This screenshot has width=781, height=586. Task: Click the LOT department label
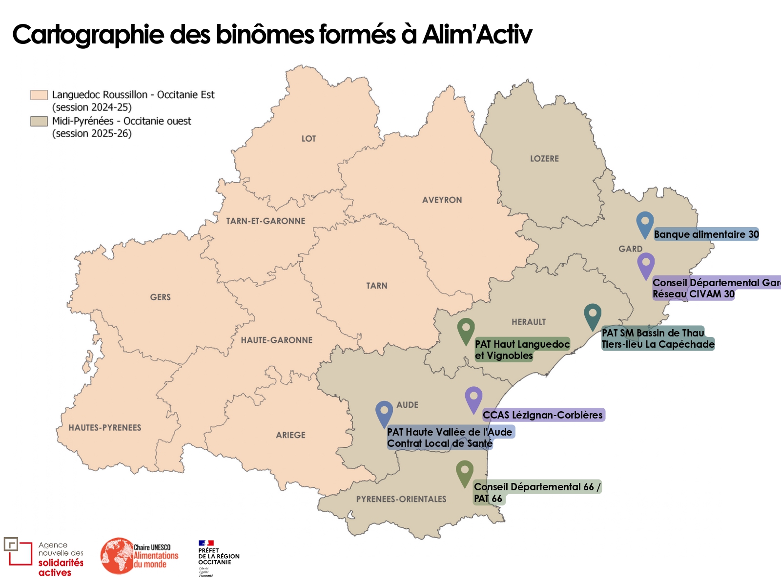[x=308, y=139]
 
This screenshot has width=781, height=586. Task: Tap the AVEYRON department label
[x=442, y=200]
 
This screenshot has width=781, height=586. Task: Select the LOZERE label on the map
[x=544, y=159]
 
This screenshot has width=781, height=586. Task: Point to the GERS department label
[x=160, y=297]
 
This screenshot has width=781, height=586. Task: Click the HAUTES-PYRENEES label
[x=105, y=428]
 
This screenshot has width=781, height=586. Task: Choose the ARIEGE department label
[x=290, y=435]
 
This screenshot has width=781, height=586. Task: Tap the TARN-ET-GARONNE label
[x=266, y=221]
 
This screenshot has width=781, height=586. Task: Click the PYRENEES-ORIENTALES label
[x=401, y=499]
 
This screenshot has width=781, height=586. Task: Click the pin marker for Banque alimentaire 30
[x=645, y=224]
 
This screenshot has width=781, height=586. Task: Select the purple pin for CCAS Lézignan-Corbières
[x=473, y=398]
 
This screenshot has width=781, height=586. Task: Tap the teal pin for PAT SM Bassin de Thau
[x=592, y=315]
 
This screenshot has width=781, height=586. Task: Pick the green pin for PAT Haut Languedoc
[x=466, y=330]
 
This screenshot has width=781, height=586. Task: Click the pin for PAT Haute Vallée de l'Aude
[x=384, y=413]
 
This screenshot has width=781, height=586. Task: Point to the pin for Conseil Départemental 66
[x=465, y=472]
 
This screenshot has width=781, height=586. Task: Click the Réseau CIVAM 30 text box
[x=693, y=294]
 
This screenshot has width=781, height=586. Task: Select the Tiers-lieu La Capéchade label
[x=658, y=344]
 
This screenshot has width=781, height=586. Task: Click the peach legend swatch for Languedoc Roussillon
[x=39, y=95]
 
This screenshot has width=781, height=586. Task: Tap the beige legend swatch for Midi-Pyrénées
[x=39, y=121]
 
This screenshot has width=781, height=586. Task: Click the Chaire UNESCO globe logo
[x=117, y=556]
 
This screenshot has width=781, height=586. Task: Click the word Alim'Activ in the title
[x=477, y=34]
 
